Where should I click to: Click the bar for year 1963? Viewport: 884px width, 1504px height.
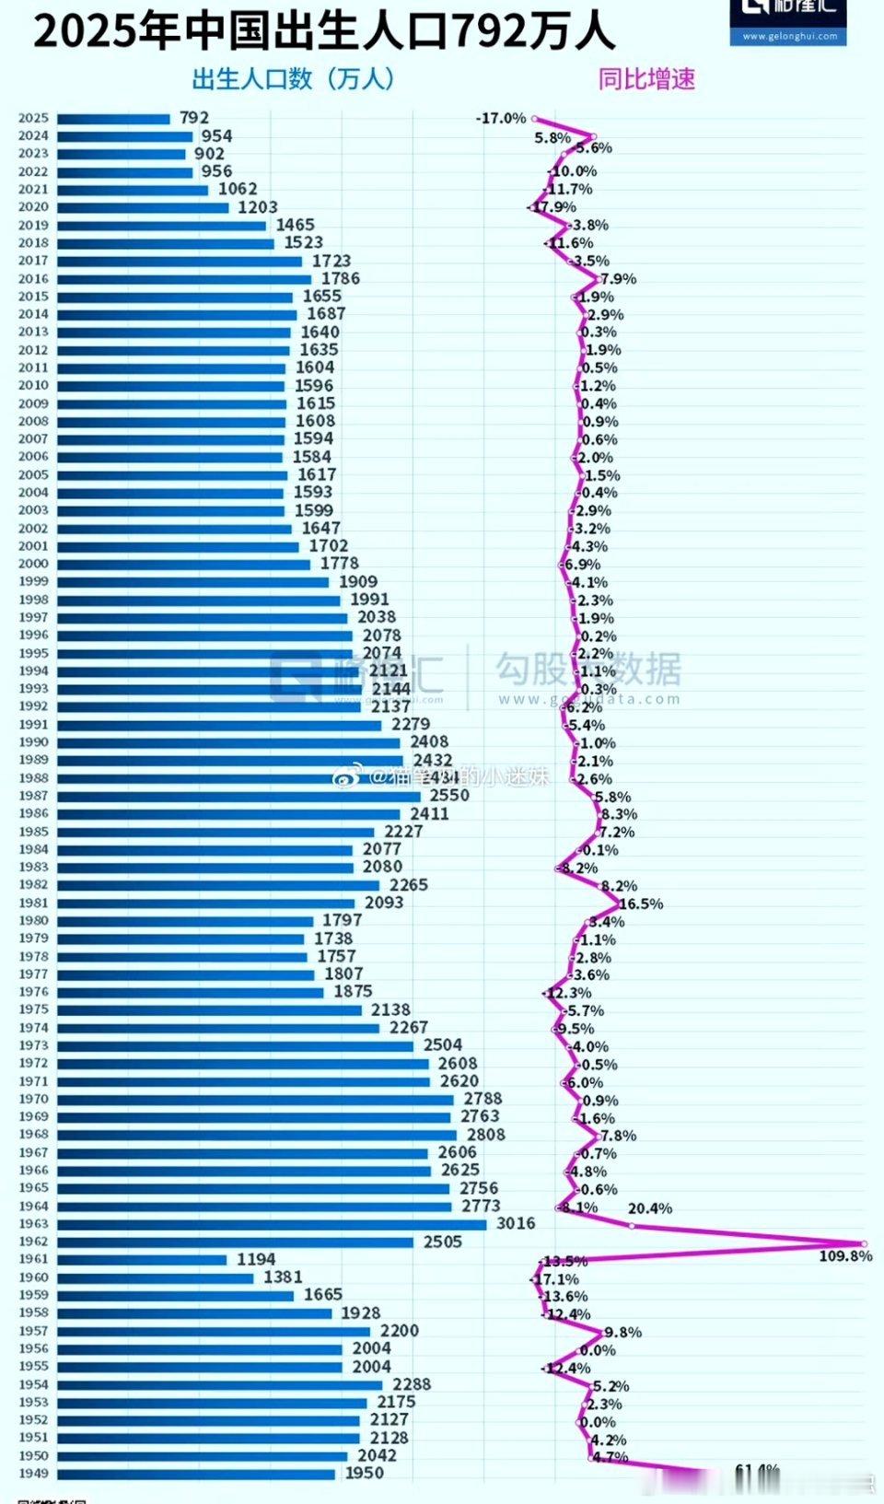(272, 1224)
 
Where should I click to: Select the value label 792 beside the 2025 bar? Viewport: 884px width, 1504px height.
(194, 118)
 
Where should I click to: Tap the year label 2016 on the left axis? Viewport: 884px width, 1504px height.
(33, 278)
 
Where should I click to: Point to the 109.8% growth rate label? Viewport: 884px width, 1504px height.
(844, 1255)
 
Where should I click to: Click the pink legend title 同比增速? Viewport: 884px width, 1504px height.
(646, 80)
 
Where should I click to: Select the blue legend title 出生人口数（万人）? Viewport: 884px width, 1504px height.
(293, 80)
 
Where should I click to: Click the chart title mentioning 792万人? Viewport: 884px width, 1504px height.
(324, 31)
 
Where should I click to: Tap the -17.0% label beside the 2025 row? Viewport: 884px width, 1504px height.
(501, 118)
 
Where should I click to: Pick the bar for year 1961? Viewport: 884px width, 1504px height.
(141, 1259)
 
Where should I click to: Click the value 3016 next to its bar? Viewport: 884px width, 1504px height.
(516, 1223)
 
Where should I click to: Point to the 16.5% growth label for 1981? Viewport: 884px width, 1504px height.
(641, 904)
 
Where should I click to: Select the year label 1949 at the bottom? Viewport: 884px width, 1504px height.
(33, 1473)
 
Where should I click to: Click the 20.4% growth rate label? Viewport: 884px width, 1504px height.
(650, 1208)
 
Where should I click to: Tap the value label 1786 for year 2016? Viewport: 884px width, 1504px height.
(341, 278)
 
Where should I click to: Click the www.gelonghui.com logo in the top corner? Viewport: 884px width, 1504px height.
(789, 23)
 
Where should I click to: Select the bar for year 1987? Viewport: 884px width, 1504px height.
(238, 796)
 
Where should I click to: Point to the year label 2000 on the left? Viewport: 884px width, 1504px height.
(33, 563)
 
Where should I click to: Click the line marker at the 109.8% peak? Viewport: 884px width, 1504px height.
(864, 1243)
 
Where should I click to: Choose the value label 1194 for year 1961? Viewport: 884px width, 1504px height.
(256, 1259)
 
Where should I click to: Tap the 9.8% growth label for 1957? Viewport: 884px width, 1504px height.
(623, 1332)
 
